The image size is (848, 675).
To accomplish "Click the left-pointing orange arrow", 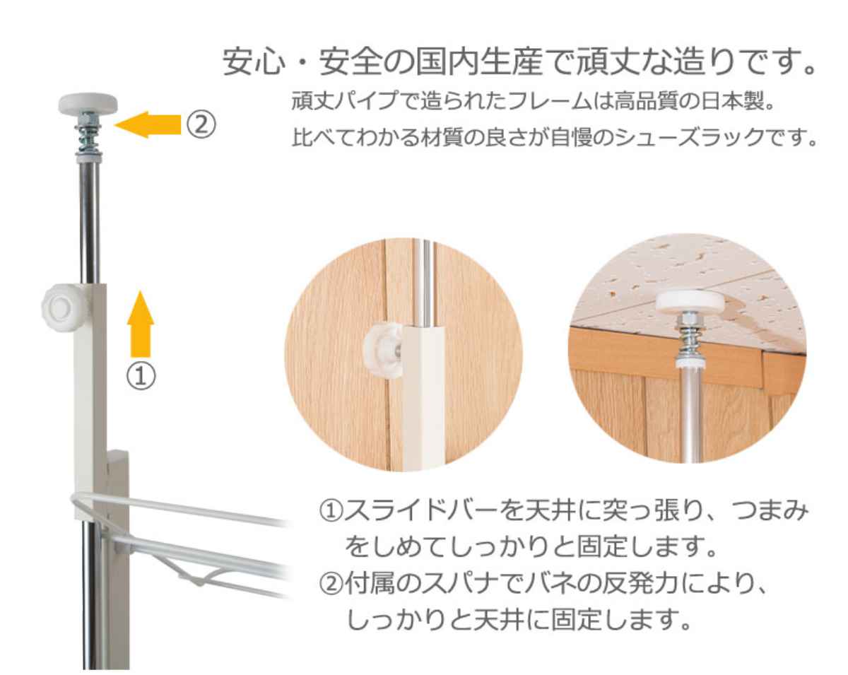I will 146,125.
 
